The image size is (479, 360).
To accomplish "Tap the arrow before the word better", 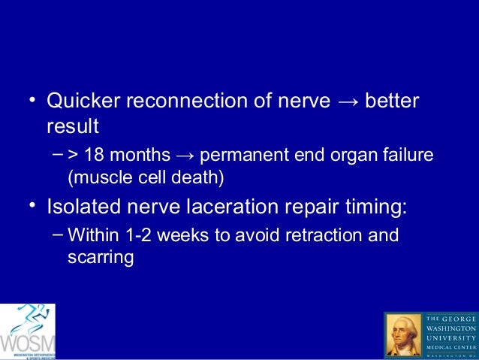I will tap(346, 101).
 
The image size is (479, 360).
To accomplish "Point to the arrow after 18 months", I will tap(184, 157).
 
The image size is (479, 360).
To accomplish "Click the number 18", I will tap(95, 157).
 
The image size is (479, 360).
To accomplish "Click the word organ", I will tap(351, 157).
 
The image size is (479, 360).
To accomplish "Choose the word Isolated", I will tap(86, 206).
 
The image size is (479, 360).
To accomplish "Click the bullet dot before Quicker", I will tap(32, 101).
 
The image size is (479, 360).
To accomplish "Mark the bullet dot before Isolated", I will tap(32, 205).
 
